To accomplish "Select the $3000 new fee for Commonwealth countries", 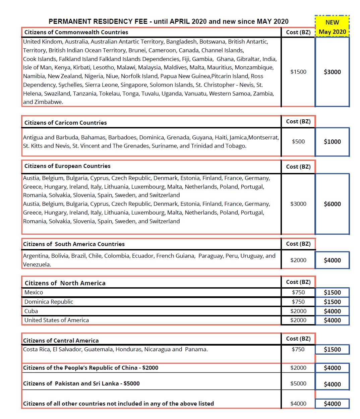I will [x=332, y=72].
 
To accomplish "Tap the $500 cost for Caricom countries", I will [x=298, y=141].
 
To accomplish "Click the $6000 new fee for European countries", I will [x=332, y=204].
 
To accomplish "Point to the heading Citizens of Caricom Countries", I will [x=65, y=123].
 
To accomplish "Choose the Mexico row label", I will [x=34, y=292].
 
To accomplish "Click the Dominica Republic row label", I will [x=49, y=302].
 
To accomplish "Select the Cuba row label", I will [x=31, y=311].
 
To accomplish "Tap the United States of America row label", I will [x=56, y=320].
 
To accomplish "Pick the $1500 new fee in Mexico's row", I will [x=332, y=292].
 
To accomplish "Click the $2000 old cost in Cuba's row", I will [x=298, y=311].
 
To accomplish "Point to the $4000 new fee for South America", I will [x=332, y=260].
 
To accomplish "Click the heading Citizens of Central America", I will [x=61, y=341].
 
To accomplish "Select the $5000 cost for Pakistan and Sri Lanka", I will [x=298, y=383].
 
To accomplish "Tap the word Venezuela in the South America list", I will [x=36, y=264].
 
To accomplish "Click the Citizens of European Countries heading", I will [x=67, y=166].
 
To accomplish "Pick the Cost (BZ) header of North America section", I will [x=298, y=282].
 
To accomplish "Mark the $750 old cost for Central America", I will [x=298, y=349].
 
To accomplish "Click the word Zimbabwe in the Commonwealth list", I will [x=48, y=102].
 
